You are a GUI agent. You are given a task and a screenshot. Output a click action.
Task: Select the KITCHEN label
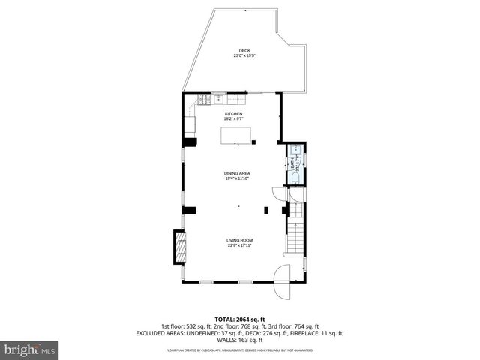tap(234, 113)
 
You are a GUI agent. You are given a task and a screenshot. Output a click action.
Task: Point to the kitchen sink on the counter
tap(218, 97)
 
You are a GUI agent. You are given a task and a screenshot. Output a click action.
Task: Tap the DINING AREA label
tap(237, 173)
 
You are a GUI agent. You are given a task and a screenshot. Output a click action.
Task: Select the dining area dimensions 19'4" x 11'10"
tap(237, 178)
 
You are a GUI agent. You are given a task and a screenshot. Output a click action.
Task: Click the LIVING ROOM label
tap(239, 240)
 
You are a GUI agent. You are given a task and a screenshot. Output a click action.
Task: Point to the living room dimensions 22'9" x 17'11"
tap(239, 245)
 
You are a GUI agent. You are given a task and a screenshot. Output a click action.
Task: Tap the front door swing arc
tap(283, 281)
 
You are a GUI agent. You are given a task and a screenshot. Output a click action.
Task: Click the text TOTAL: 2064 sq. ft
tap(240, 319)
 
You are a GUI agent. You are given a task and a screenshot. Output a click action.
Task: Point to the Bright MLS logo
tap(30, 349)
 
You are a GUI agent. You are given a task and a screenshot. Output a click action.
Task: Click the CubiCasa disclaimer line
tap(240, 350)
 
